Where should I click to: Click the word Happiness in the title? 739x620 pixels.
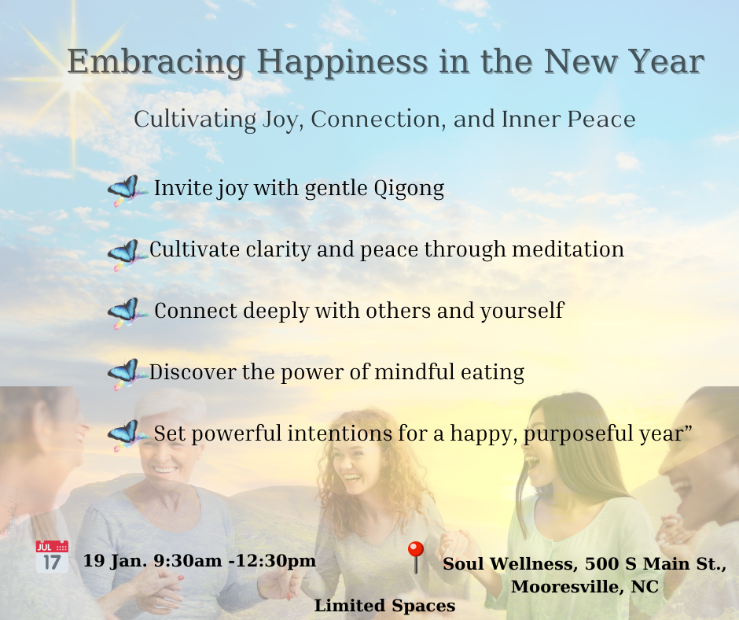coord(342,62)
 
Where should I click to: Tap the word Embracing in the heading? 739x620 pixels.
coord(156,62)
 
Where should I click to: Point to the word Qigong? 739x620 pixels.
coord(409,188)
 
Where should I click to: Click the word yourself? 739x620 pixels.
coord(522,312)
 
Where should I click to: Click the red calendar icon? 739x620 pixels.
coord(52,557)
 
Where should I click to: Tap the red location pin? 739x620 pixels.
coord(415,557)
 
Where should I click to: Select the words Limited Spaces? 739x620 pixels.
coord(384,605)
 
